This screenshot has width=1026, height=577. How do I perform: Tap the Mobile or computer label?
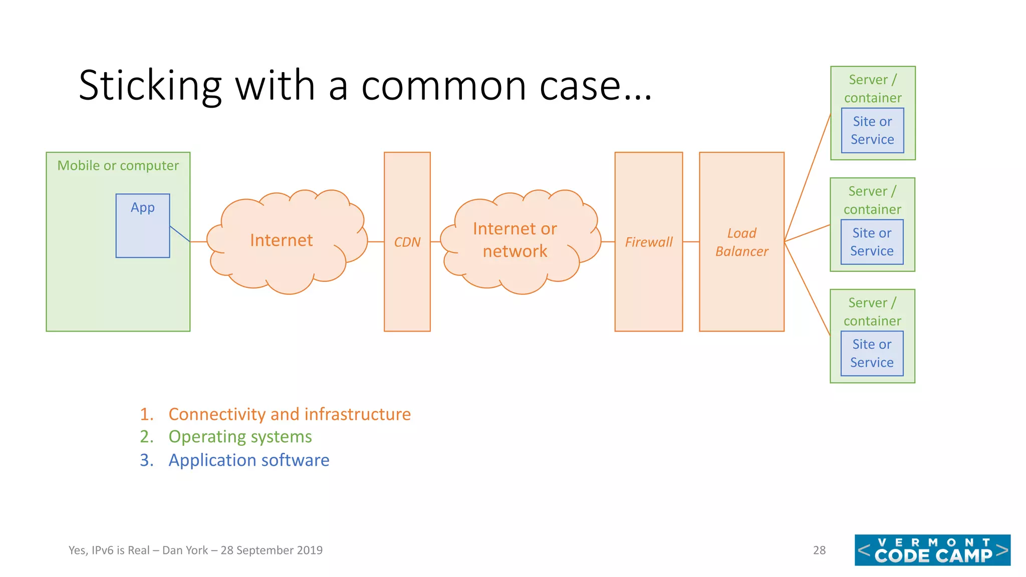(118, 165)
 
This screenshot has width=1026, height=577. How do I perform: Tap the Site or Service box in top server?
(872, 131)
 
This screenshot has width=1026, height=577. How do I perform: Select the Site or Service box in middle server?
(872, 242)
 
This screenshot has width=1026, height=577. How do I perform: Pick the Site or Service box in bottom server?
(872, 354)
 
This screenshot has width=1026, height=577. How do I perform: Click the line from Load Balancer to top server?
(808, 177)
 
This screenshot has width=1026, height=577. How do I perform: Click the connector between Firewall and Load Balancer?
(691, 242)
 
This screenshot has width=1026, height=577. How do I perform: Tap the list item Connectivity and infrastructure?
(289, 414)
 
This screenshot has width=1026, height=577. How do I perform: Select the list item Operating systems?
(240, 437)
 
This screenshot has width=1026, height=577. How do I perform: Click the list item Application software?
(248, 460)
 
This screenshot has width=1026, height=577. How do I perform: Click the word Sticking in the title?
(150, 86)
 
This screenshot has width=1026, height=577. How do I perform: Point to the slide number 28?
(819, 550)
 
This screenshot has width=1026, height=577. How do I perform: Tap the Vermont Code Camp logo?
(932, 550)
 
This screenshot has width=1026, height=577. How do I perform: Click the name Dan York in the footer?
(185, 550)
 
